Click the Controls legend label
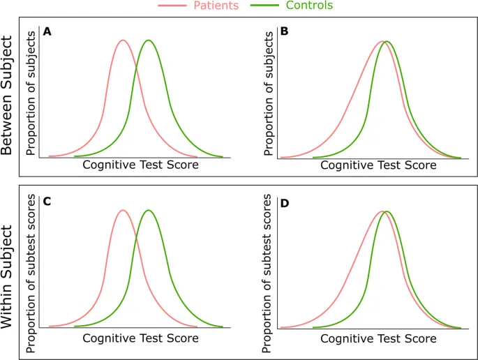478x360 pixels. click(x=309, y=6)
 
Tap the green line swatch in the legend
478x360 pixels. click(x=266, y=6)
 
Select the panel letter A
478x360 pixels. click(x=47, y=31)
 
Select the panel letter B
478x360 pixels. click(x=284, y=31)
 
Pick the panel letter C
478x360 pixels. click(x=47, y=202)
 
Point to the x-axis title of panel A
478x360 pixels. click(x=140, y=165)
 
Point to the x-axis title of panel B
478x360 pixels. click(x=378, y=165)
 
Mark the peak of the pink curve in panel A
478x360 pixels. click(x=123, y=40)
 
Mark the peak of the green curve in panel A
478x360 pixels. click(x=148, y=40)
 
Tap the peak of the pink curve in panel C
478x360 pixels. click(x=123, y=210)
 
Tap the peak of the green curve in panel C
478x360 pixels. click(x=148, y=210)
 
